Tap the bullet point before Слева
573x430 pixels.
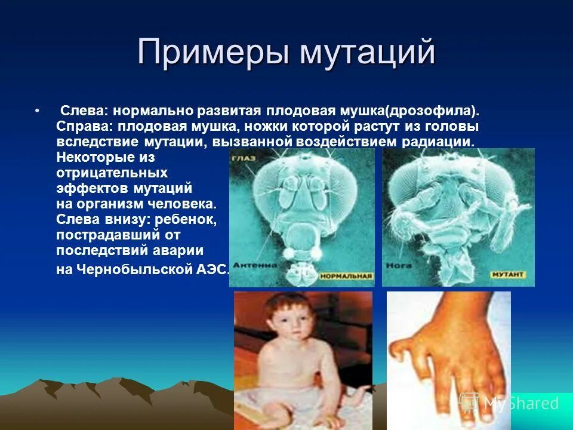click(37, 112)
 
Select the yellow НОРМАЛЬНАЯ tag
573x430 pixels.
click(346, 277)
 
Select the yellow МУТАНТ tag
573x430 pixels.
click(508, 275)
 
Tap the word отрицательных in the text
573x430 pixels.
click(112, 173)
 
